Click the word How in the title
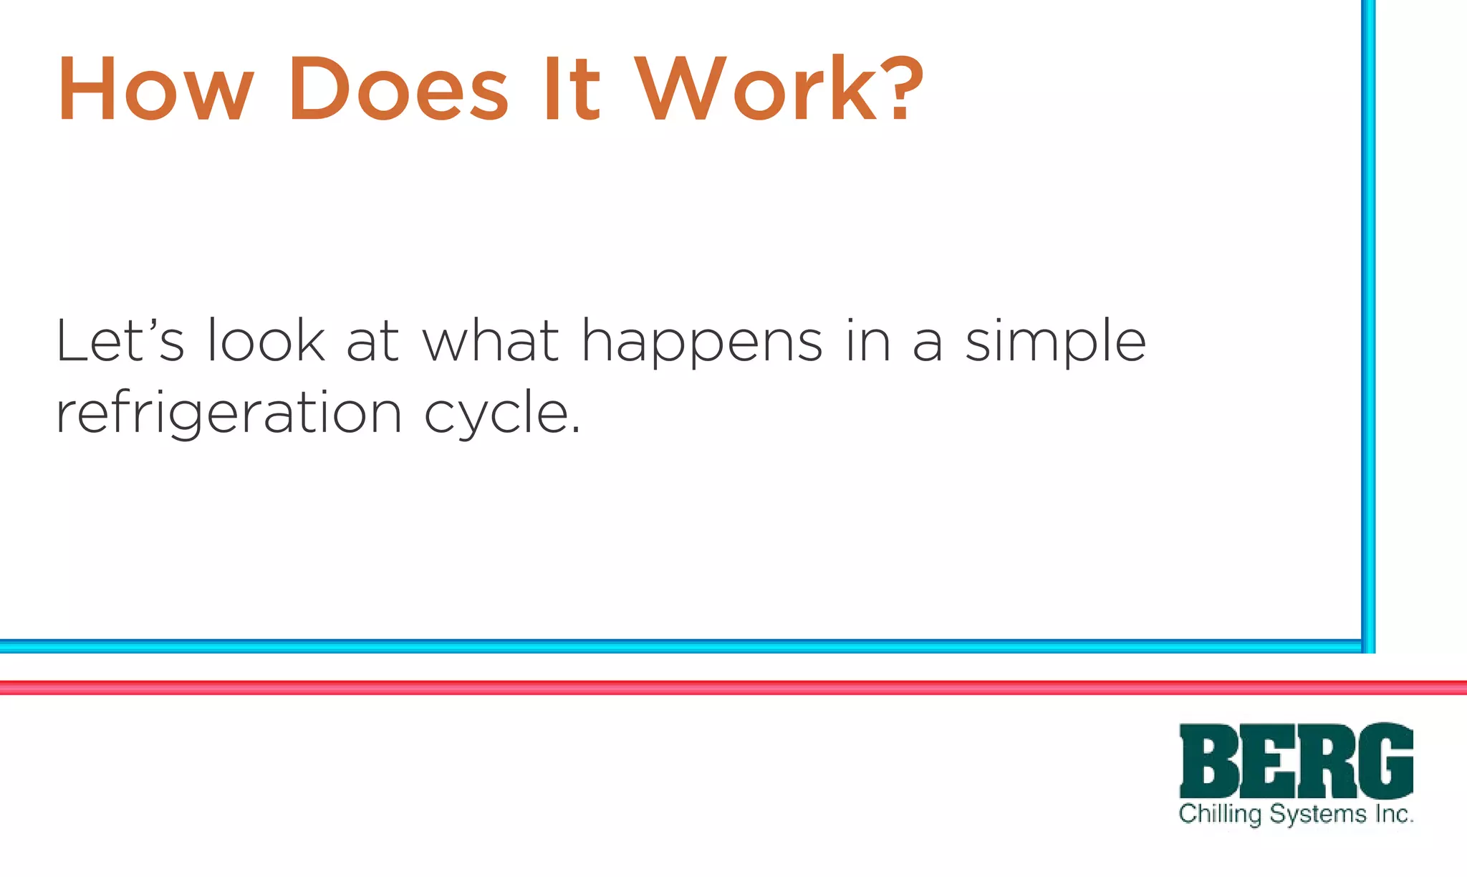[155, 90]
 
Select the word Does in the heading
[398, 90]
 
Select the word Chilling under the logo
[1220, 815]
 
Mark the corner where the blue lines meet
[1367, 646]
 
